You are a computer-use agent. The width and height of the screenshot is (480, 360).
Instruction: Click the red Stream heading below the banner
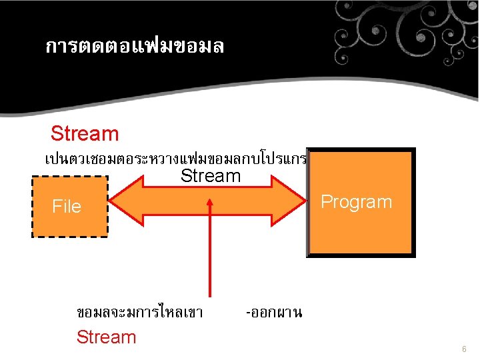85,133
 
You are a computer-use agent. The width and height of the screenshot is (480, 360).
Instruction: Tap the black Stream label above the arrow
211,176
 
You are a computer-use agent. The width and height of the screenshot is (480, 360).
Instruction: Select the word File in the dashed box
67,207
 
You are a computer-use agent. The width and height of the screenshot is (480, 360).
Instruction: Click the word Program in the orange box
357,202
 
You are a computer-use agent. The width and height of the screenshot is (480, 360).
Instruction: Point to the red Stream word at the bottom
106,337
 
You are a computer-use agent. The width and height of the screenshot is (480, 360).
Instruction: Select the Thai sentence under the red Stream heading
175,159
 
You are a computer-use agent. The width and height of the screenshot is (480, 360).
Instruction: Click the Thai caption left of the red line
140,311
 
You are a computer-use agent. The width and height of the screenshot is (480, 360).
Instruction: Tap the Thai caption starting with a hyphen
274,311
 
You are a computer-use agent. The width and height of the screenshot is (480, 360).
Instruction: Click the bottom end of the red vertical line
211,295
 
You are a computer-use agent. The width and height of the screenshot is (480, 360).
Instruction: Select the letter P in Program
327,202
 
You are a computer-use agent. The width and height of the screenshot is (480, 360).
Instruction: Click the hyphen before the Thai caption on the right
248,312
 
